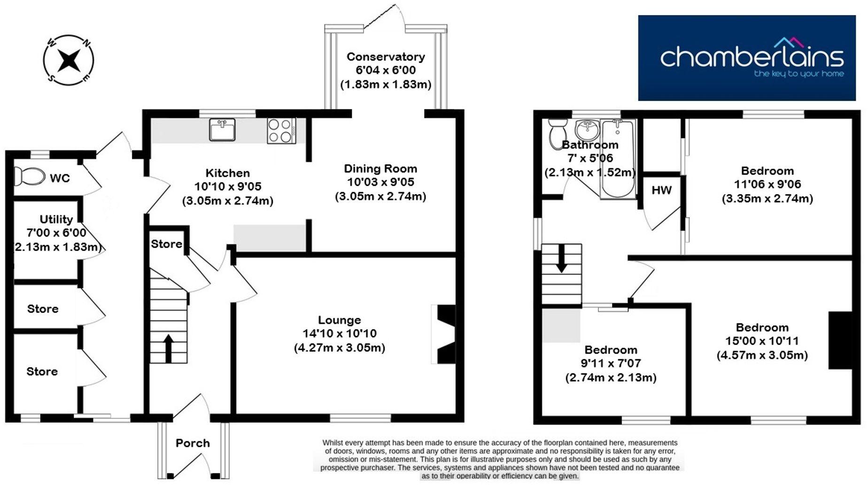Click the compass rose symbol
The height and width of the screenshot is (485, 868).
coord(69,60)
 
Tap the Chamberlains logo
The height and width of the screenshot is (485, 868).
coord(747,58)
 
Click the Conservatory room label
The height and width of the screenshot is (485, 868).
coord(386,57)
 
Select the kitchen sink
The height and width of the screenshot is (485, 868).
coord(223,130)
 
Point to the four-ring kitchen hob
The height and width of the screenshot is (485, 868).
coord(281,130)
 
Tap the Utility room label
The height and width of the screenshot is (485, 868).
coord(56,219)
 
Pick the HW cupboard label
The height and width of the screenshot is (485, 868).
coord(661,190)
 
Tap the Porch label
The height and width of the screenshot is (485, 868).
coord(193,443)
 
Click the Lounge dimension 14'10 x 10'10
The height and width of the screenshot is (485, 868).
coord(340,334)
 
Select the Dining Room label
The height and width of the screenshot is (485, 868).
coord(380,169)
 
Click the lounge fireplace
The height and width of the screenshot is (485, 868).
coord(444,334)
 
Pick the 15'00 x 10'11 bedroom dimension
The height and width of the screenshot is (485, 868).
coord(762,341)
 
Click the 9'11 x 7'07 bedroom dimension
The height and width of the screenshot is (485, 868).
coord(611,363)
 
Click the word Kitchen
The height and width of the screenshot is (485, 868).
coord(228,173)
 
